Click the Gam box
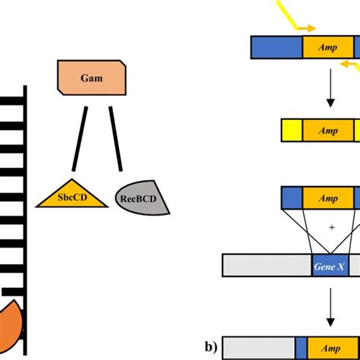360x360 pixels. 90,76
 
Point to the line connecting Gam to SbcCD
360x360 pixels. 80,137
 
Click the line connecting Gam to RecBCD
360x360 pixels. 115,137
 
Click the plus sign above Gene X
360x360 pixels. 331,227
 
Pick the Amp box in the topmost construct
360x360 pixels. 328,47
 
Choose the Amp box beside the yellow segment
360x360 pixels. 328,131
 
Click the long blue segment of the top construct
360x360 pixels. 276,47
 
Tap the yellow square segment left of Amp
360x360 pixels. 292,131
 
